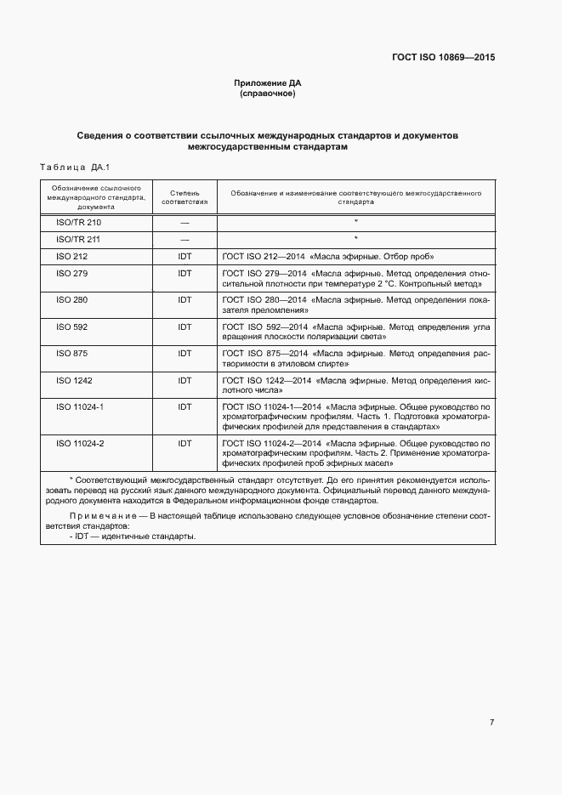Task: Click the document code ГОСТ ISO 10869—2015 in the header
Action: tap(443, 58)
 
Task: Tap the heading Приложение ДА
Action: tap(268, 83)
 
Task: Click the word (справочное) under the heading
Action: tap(268, 94)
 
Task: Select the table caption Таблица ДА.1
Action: tap(76, 168)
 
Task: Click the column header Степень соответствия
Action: tap(184, 198)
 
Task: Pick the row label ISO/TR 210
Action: tap(78, 222)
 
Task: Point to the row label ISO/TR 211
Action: tap(78, 239)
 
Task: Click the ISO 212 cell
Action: tap(71, 256)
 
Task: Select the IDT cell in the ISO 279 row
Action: tap(184, 274)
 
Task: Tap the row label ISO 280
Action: tap(71, 300)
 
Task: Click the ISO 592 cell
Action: tap(71, 327)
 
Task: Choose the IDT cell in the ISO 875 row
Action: tap(184, 353)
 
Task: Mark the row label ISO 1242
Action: tap(74, 380)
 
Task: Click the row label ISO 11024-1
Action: tap(80, 406)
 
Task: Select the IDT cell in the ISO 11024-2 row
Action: tap(184, 444)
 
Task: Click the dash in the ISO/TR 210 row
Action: tap(184, 222)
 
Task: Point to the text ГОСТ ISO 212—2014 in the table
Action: tap(264, 256)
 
